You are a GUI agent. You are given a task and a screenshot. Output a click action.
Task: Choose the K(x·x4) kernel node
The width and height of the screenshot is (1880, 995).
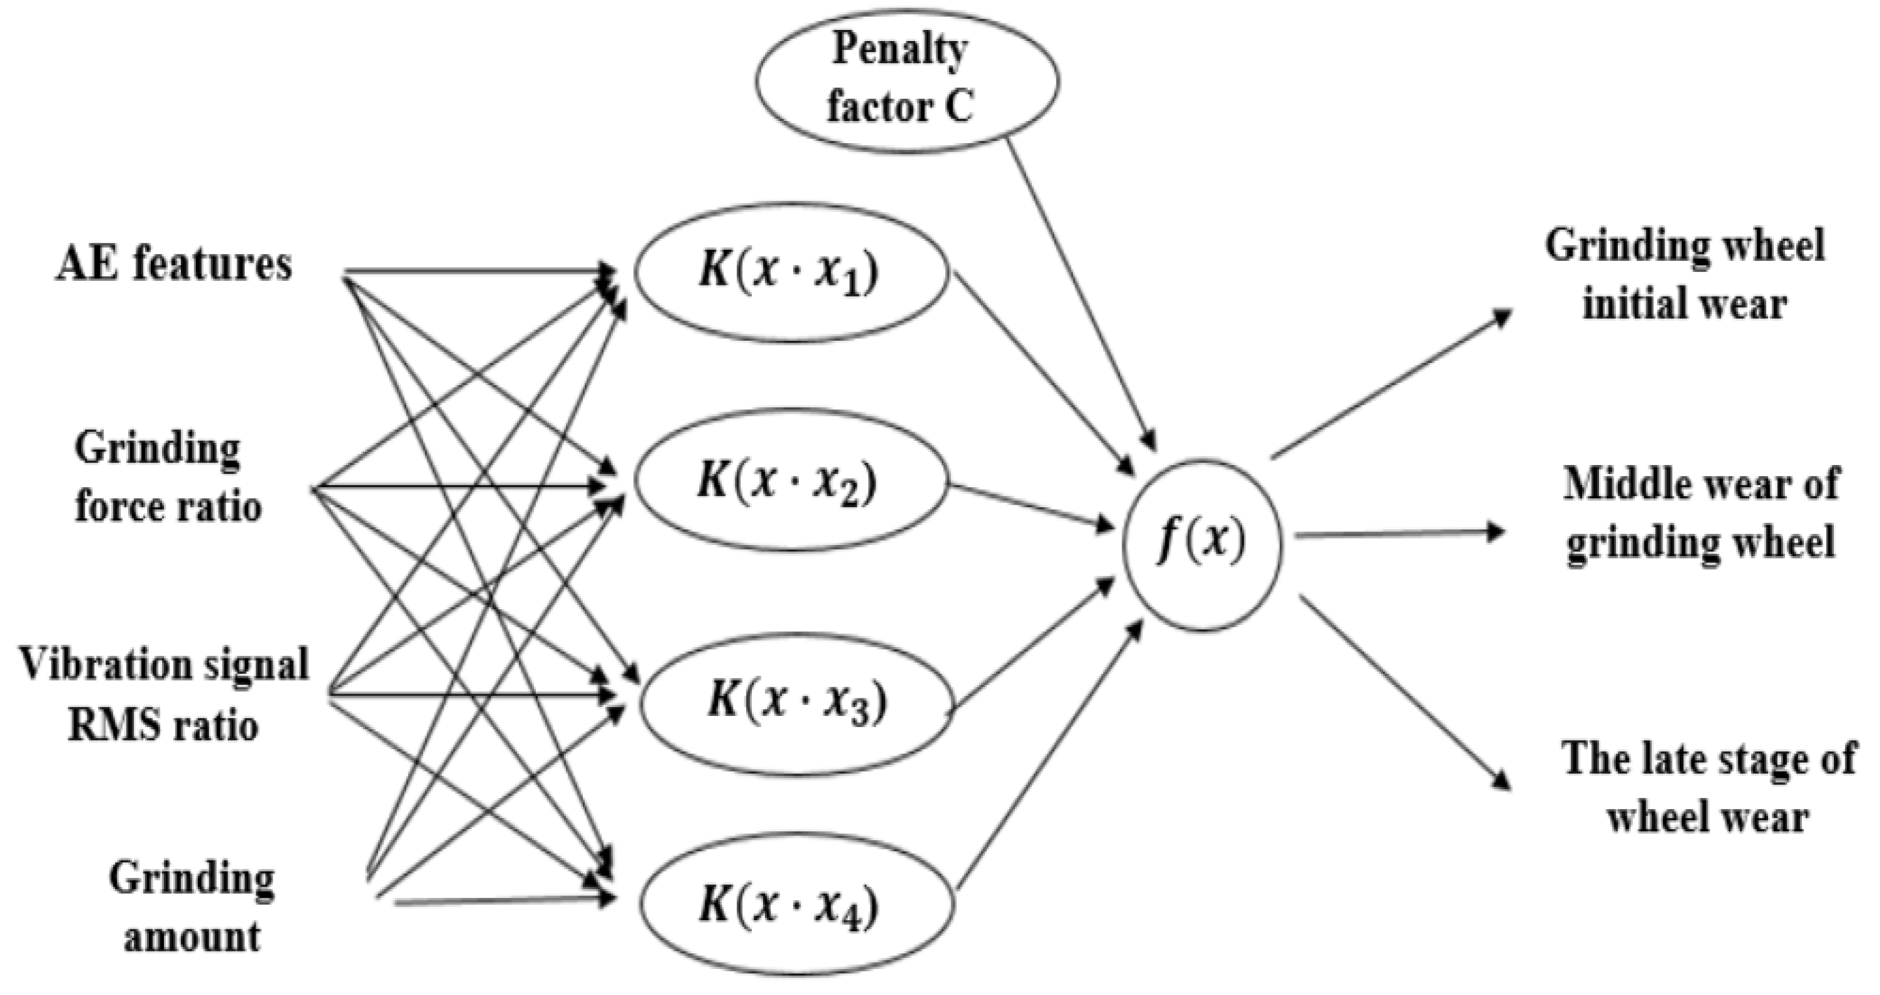pyautogui.click(x=797, y=907)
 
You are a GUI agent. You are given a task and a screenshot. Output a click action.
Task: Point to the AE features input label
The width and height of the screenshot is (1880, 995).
pyautogui.click(x=174, y=264)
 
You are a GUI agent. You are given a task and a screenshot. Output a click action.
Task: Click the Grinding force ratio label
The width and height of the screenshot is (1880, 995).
pyautogui.click(x=167, y=478)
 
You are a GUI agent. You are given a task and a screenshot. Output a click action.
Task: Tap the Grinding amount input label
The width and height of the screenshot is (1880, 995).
pyautogui.click(x=192, y=907)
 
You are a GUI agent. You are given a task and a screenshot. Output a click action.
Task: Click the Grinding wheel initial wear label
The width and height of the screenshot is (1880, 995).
pyautogui.click(x=1684, y=274)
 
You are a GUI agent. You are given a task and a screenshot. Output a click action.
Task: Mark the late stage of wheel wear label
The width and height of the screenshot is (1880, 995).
pyautogui.click(x=1708, y=787)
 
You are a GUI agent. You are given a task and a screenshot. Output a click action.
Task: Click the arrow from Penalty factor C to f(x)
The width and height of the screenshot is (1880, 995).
pyautogui.click(x=1080, y=292)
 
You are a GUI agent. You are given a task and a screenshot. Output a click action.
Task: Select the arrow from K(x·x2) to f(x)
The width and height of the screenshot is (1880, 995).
pyautogui.click(x=1029, y=505)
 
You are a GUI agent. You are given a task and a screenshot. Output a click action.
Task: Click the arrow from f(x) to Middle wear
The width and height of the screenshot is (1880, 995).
pyautogui.click(x=1397, y=534)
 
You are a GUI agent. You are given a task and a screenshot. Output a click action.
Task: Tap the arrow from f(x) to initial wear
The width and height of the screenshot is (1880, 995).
pyautogui.click(x=1390, y=385)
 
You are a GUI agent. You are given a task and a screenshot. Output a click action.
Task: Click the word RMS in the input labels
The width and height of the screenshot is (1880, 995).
pyautogui.click(x=102, y=726)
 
